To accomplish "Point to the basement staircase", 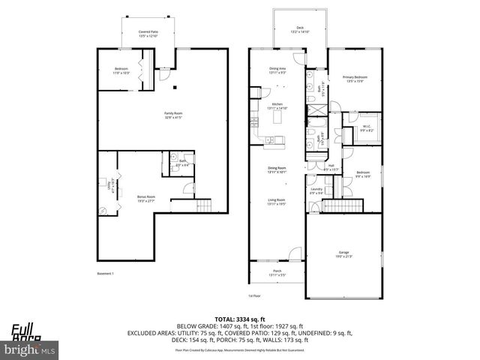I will coord(204,205).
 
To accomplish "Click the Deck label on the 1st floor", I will coord(299,29).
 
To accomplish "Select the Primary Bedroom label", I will coord(353,79).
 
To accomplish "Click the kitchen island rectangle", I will coord(283,118).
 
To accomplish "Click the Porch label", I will coord(277,274).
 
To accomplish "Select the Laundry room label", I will coord(316,190).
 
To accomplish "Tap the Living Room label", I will coord(277,202).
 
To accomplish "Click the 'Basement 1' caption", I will coord(107,274).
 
